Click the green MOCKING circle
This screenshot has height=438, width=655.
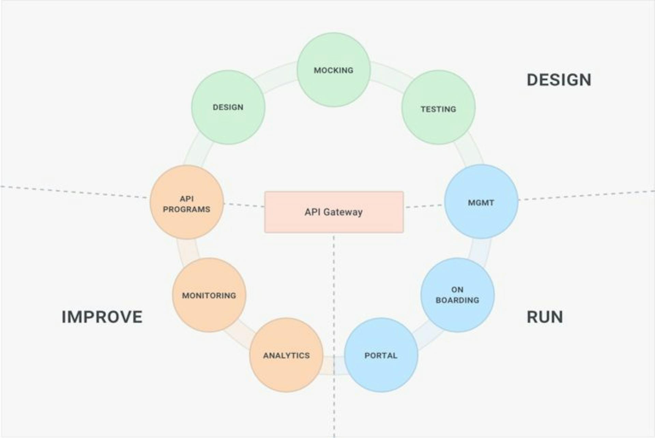click(334, 70)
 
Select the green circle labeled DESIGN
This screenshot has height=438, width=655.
click(228, 107)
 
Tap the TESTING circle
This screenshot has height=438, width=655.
click(438, 107)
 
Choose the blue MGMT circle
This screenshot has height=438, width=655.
click(481, 201)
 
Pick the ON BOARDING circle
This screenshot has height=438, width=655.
click(457, 295)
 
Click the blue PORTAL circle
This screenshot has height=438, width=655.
click(381, 355)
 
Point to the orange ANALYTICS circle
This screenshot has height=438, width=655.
click(286, 355)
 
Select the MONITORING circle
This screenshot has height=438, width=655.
click(209, 295)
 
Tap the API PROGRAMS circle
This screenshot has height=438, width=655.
click(187, 202)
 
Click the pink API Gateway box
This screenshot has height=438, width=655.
click(334, 212)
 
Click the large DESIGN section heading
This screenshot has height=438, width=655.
click(559, 80)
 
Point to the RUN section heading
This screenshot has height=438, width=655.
click(545, 317)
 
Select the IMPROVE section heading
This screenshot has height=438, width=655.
click(102, 317)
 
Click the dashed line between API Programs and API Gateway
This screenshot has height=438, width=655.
click(244, 205)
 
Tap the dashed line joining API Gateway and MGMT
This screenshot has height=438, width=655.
click(424, 206)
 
